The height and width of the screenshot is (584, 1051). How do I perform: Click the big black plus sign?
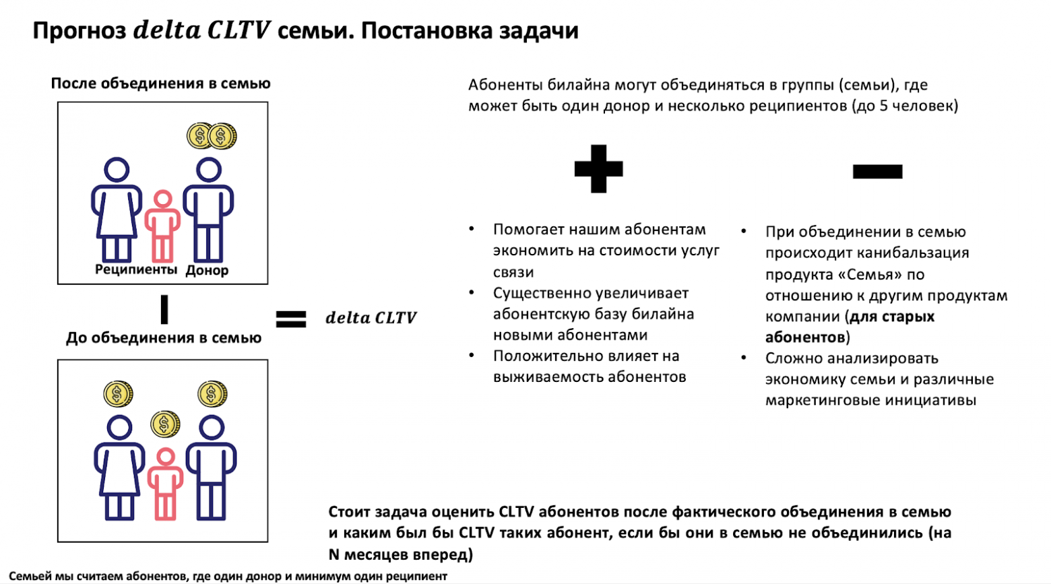click(598, 169)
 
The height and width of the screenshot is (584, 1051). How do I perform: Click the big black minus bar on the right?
click(877, 171)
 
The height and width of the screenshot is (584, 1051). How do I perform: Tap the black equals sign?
click(291, 319)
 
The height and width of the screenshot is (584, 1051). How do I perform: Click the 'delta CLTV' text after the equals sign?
click(371, 318)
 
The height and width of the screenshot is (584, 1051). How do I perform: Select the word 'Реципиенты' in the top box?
click(136, 269)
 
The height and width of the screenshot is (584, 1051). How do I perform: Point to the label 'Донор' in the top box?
click(207, 270)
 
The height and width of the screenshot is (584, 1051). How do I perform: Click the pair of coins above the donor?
click(212, 136)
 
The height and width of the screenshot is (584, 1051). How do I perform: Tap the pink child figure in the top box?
click(162, 226)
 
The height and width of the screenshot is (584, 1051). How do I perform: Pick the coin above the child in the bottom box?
click(165, 424)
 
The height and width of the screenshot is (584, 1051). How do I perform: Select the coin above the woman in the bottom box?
click(118, 394)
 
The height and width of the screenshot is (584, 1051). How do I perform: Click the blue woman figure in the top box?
click(117, 209)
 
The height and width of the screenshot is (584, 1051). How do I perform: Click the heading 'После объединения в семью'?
click(160, 84)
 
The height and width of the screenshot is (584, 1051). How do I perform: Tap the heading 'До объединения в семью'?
click(164, 338)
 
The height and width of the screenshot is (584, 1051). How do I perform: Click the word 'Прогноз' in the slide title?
click(79, 31)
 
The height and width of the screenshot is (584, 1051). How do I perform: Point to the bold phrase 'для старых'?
click(892, 317)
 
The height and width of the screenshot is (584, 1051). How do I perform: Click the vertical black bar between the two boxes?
click(164, 310)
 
